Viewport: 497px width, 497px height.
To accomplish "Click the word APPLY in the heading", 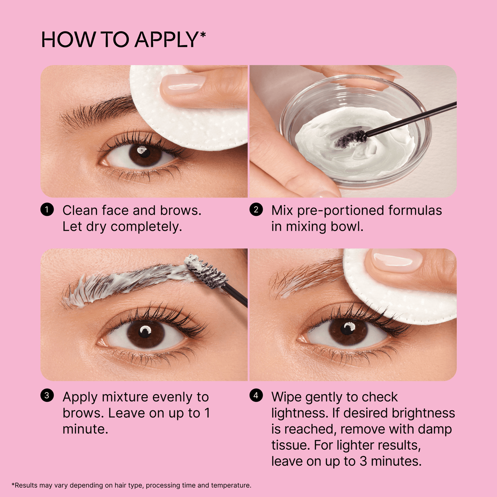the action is (x=166, y=40).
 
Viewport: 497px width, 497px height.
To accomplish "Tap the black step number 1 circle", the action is (x=47, y=210).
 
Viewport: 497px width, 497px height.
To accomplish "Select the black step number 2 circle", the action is (x=256, y=210).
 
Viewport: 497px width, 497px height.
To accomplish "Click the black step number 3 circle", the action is (x=47, y=396).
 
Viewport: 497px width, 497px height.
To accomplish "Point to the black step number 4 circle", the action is (x=256, y=396).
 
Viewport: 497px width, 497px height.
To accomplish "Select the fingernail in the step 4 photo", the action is (x=397, y=261).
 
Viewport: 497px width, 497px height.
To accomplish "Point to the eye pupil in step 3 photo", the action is (x=145, y=332).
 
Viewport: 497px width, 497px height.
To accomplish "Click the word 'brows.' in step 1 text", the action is (x=181, y=210).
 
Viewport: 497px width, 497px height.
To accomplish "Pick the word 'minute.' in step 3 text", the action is (x=85, y=429).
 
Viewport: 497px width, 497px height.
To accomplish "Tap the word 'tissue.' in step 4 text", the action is (x=290, y=445).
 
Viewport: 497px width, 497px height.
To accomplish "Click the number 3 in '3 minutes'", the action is (x=363, y=461).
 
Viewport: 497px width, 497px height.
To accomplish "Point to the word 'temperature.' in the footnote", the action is (x=231, y=485).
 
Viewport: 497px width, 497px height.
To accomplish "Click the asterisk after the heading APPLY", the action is (x=203, y=34).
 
